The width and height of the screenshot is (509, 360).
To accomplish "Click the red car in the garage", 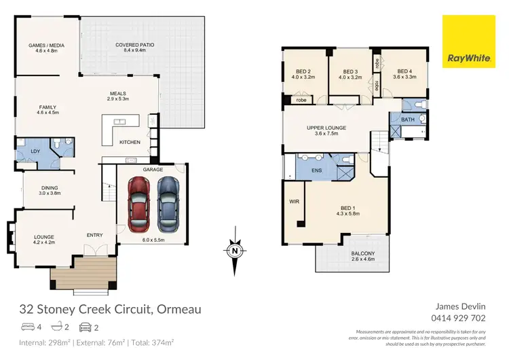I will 138,202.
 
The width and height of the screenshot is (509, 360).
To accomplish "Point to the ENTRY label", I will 94,235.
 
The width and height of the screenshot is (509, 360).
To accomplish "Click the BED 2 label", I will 303,71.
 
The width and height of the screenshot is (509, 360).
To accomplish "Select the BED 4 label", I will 405,71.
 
